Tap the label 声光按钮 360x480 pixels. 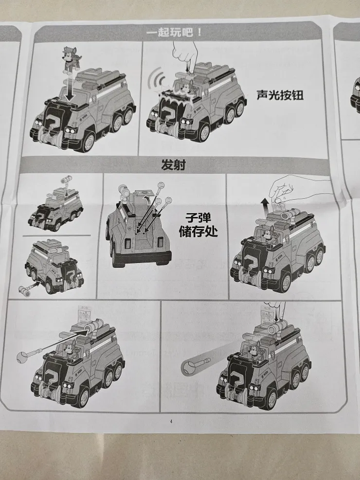[280, 95]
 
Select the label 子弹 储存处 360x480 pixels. [201, 224]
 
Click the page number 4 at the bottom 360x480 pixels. [171, 421]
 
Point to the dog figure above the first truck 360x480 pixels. [72, 59]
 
